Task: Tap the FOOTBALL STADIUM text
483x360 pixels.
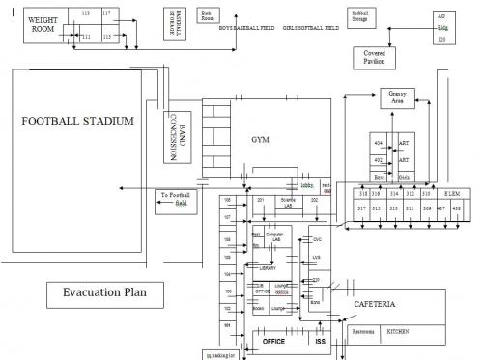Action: coord(77,122)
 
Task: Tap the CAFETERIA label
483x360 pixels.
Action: coord(375,305)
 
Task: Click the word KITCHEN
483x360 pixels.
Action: coord(398,331)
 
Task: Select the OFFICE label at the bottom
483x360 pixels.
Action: coord(273,341)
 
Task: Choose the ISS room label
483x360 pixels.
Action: coord(321,341)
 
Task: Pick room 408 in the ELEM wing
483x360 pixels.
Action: coord(455,208)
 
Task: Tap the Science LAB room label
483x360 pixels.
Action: coord(286,204)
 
